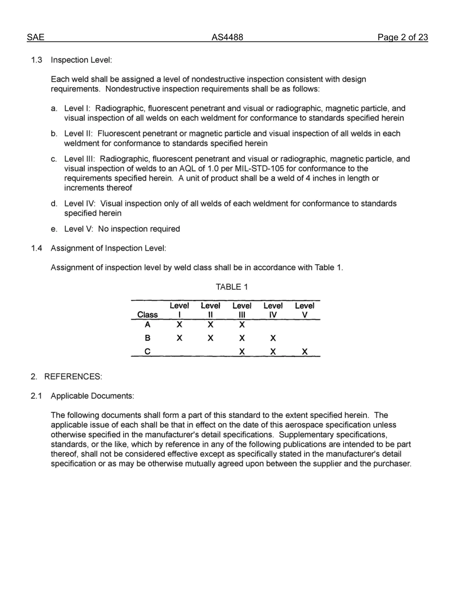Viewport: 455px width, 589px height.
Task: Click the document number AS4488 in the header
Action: click(227, 37)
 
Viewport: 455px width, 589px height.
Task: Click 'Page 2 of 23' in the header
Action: click(402, 37)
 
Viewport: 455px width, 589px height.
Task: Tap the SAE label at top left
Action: click(35, 37)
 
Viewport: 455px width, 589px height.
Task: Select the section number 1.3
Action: click(37, 60)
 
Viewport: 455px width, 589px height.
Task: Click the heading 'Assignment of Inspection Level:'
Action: click(108, 248)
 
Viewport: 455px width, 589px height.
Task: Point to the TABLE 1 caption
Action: click(232, 287)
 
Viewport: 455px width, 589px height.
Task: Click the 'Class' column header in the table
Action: click(147, 315)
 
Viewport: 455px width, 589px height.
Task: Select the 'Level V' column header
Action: click(304, 310)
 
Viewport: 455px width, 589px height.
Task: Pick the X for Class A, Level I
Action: click(179, 325)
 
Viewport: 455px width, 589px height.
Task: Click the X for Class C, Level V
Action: click(305, 351)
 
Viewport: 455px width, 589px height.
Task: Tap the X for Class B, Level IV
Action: click(273, 338)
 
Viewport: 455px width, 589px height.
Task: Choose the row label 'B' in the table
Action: click(147, 338)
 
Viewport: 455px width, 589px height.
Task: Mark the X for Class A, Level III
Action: click(242, 325)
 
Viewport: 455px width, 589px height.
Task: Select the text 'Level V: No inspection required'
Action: click(122, 229)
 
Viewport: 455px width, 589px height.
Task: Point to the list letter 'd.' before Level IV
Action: click(55, 204)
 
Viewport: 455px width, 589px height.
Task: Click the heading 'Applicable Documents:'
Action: click(92, 396)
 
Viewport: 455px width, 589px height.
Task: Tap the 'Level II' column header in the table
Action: click(210, 310)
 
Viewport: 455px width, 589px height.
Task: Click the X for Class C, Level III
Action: click(242, 351)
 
